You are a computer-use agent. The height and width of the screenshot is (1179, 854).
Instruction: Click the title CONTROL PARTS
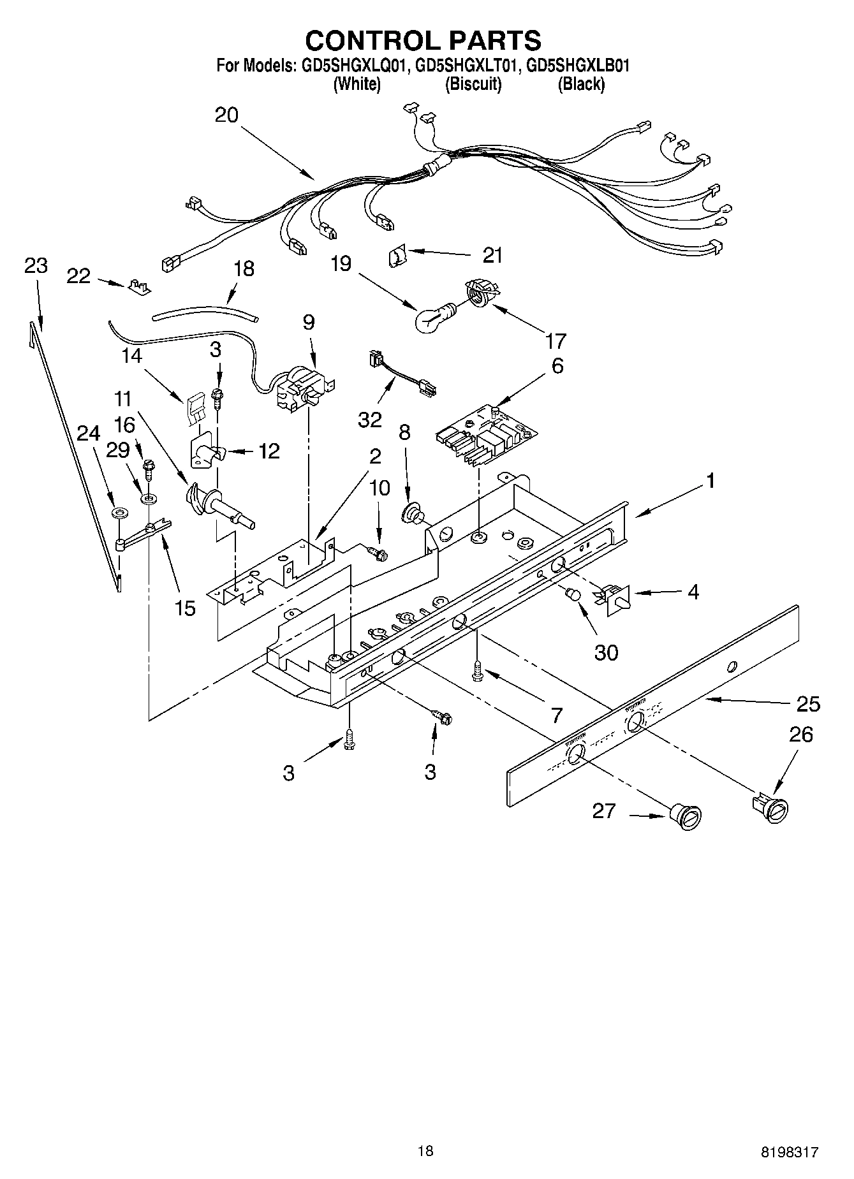click(x=423, y=40)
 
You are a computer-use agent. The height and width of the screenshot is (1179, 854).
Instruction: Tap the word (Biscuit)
click(x=473, y=84)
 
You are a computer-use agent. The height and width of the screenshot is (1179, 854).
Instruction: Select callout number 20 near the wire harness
click(x=226, y=115)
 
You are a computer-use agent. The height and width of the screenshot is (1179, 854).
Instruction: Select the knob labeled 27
click(x=686, y=817)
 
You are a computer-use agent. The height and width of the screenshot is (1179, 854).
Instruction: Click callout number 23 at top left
click(x=36, y=266)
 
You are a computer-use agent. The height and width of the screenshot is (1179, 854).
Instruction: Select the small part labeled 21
click(x=396, y=256)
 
